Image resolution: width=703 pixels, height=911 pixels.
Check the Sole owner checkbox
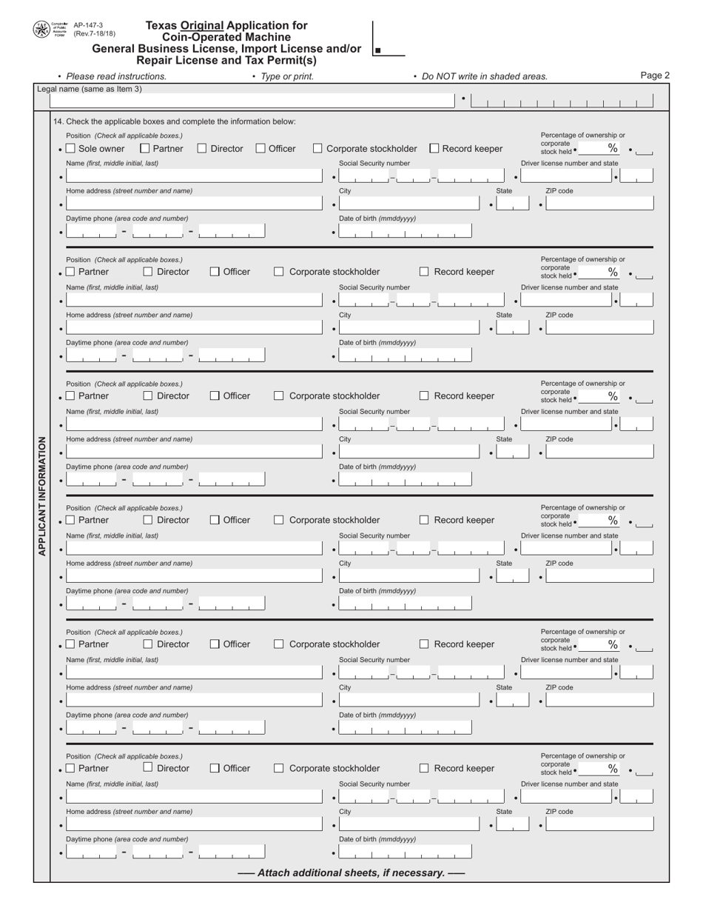coord(71,149)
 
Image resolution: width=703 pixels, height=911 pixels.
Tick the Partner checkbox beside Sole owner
coord(145,149)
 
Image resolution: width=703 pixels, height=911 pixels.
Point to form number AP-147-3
coord(88,25)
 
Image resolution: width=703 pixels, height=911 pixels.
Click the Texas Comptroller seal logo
coord(41,30)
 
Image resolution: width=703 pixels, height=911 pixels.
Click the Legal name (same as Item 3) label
coord(90,89)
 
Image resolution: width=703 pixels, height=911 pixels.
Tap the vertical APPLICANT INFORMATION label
coord(41,495)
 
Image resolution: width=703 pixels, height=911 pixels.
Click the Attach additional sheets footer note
coord(351,872)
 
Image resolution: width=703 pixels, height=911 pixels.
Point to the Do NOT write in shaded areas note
coord(484,76)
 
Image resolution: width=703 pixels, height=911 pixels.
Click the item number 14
coord(58,121)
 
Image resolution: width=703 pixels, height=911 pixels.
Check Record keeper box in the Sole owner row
coord(434,149)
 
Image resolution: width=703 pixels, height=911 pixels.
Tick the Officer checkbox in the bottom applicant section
coord(215,768)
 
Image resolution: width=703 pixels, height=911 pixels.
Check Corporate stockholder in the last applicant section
coord(278,768)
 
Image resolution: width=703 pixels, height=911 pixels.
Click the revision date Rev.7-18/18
coord(94,33)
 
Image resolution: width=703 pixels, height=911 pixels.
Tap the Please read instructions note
coord(115,76)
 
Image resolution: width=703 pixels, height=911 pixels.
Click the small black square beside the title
coord(378,51)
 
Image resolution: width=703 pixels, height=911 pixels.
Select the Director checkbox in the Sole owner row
coord(202,149)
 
